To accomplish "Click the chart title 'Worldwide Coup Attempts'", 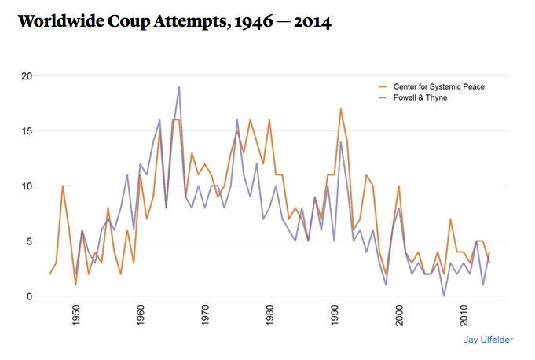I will click(x=174, y=22).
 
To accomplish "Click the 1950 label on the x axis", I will click(x=76, y=315).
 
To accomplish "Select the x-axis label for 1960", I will click(x=141, y=315).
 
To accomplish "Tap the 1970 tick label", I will click(x=205, y=315).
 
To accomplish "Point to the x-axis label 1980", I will click(x=269, y=315).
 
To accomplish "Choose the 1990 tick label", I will click(x=335, y=315).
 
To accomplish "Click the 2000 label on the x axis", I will click(x=399, y=315).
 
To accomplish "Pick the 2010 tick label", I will click(x=464, y=315).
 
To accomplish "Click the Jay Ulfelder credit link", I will click(x=488, y=340).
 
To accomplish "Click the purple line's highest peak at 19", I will click(x=179, y=87).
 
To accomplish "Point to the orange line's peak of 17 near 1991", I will click(x=341, y=109).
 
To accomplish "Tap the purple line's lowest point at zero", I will click(x=444, y=296).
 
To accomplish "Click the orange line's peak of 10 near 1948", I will click(x=63, y=186).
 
